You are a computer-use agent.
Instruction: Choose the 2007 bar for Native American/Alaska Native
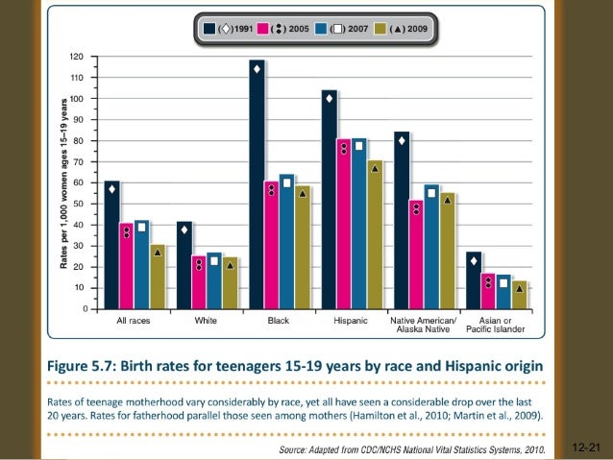coord(431,247)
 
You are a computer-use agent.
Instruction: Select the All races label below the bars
coord(133,320)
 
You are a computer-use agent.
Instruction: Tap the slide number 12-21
coord(584,448)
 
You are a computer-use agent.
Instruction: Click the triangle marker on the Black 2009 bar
coord(303,193)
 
